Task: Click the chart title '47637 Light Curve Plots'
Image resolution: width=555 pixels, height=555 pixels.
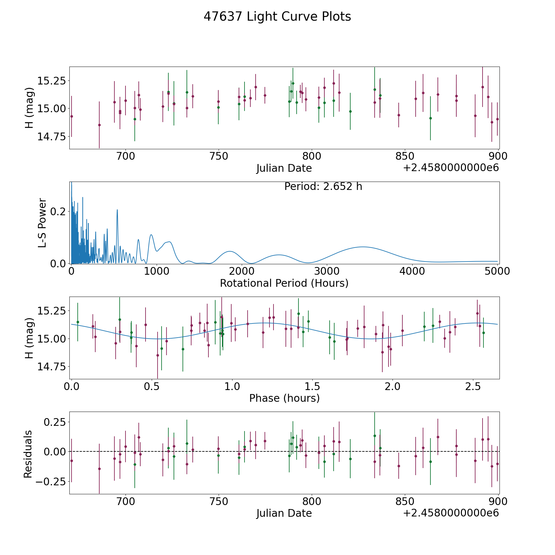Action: pyautogui.click(x=277, y=17)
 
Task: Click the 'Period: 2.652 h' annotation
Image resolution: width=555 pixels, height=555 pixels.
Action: pyautogui.click(x=323, y=187)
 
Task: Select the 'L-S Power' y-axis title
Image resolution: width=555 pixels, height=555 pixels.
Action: pyautogui.click(x=42, y=223)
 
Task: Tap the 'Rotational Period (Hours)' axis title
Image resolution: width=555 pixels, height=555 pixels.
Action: pyautogui.click(x=284, y=283)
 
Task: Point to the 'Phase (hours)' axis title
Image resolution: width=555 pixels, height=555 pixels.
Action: pyautogui.click(x=284, y=398)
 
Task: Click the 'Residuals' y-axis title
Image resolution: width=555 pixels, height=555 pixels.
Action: pyautogui.click(x=28, y=454)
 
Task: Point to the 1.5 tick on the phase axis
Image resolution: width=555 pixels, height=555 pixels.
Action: pyautogui.click(x=312, y=386)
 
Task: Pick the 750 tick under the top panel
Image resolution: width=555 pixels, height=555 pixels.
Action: pyautogui.click(x=219, y=156)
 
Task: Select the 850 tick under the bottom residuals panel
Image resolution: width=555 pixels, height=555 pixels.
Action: pyautogui.click(x=405, y=502)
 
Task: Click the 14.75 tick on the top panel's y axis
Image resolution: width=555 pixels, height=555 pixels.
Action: pyautogui.click(x=51, y=137)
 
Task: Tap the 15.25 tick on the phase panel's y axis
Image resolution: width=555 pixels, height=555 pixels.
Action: pyautogui.click(x=51, y=311)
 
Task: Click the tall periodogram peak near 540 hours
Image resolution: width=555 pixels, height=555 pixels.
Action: pyautogui.click(x=117, y=210)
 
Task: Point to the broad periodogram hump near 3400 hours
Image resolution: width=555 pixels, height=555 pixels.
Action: pyautogui.click(x=363, y=247)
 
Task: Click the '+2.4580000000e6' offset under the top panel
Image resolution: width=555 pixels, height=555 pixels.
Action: pyautogui.click(x=451, y=168)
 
